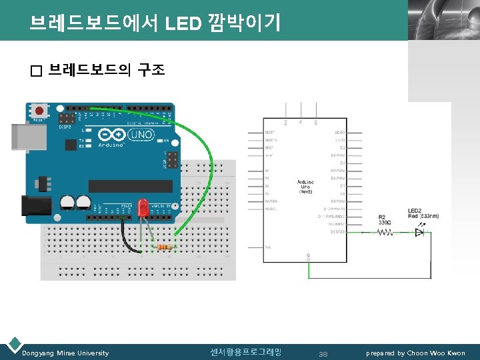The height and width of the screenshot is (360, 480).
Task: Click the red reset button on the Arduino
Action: tap(39, 110)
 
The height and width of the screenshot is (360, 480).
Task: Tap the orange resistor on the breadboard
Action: tap(165, 247)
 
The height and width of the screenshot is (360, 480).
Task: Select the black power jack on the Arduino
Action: tap(36, 206)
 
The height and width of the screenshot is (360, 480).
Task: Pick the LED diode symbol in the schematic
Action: tap(419, 233)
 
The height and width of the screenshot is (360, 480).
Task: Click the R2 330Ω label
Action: tap(385, 219)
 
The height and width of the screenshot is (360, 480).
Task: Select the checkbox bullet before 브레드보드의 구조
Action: tap(35, 70)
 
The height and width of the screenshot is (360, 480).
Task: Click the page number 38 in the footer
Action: tap(323, 353)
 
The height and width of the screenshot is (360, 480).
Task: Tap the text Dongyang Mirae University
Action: tap(65, 353)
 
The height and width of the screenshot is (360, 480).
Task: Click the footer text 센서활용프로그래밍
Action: tap(245, 352)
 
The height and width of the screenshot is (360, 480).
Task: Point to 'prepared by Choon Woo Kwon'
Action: tap(415, 353)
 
